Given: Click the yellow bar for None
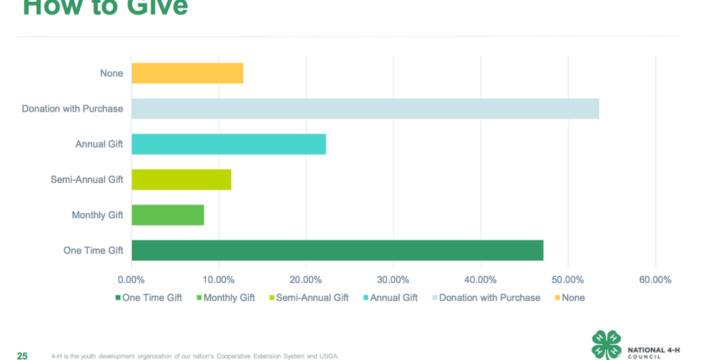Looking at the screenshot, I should click(x=187, y=73).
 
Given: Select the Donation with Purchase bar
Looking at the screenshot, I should click(x=365, y=109).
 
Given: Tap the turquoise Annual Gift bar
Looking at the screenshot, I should click(x=228, y=144).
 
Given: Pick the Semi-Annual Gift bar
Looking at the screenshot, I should click(x=182, y=179).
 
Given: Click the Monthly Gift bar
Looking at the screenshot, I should click(x=168, y=215).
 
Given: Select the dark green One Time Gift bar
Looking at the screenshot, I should click(x=337, y=251).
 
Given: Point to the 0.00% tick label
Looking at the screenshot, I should click(x=131, y=279).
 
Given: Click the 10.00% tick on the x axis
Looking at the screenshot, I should click(x=218, y=279).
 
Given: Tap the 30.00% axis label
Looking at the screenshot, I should click(x=393, y=279).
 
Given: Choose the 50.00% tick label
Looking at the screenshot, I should click(x=568, y=279).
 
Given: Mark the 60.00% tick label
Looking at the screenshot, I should click(x=655, y=279).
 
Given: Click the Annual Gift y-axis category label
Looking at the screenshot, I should click(x=99, y=144).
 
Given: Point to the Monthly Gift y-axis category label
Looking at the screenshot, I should click(x=97, y=215).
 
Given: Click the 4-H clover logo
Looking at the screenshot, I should click(x=606, y=345).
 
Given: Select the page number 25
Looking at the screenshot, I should click(x=22, y=356).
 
